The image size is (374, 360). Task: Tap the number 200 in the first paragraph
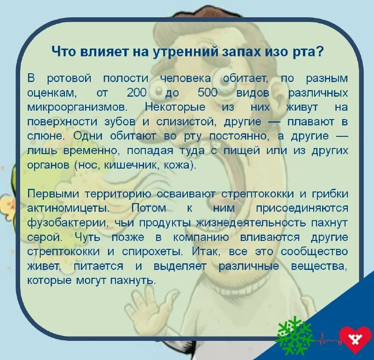(x=137, y=92)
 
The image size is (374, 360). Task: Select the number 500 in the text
(x=208, y=92)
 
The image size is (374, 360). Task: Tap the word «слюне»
(x=43, y=137)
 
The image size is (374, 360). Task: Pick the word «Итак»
(x=207, y=252)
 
